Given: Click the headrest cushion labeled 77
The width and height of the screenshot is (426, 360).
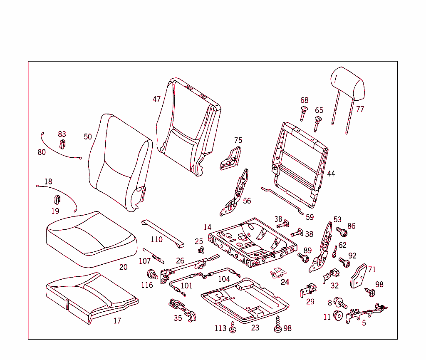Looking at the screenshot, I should [348, 84].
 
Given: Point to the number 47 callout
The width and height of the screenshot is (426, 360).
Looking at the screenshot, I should [156, 99].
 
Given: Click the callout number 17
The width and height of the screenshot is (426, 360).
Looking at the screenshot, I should [117, 321].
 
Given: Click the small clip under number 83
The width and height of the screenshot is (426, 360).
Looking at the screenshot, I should [62, 144].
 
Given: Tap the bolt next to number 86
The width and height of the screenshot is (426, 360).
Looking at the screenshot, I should [340, 231].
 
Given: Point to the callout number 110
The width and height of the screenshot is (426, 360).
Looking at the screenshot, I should [156, 239].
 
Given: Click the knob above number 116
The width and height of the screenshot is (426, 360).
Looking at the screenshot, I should [152, 274].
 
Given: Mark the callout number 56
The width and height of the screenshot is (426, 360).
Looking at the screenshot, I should [247, 201].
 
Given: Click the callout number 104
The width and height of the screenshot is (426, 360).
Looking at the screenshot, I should [224, 279].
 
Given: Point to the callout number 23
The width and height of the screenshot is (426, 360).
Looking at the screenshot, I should [255, 328].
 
